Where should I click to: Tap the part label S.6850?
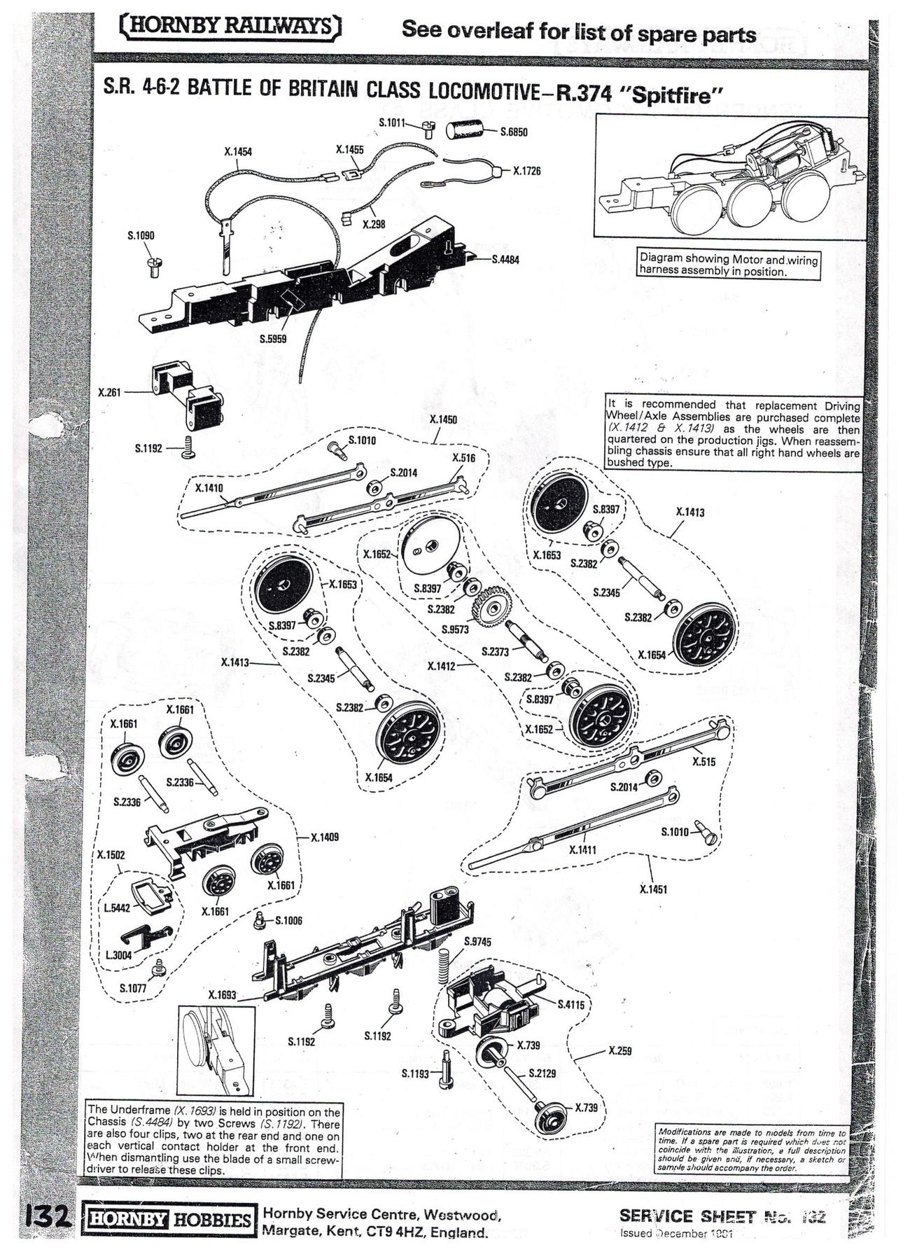coord(514,132)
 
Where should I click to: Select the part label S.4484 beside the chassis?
coord(505,259)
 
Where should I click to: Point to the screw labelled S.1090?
coord(155,265)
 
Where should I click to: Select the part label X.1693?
coord(222,995)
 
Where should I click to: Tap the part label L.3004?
coord(118,954)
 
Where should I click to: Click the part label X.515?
coord(703,762)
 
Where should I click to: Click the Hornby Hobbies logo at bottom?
coord(168,1219)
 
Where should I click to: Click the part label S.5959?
coord(272,339)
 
